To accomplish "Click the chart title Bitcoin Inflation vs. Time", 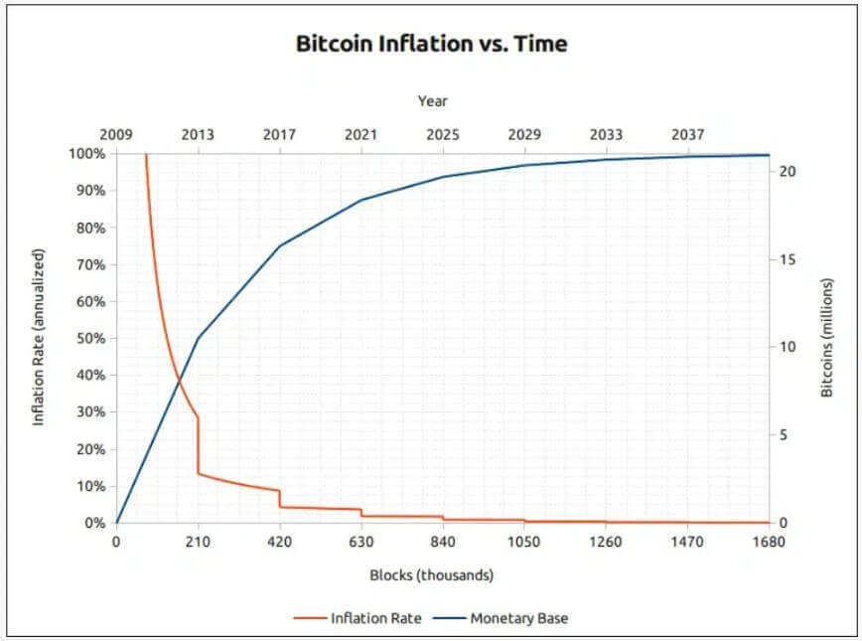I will pyautogui.click(x=431, y=44).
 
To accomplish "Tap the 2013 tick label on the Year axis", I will pyautogui.click(x=198, y=134).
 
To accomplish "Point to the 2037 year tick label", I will pyautogui.click(x=688, y=134).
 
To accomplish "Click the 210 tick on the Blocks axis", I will pyautogui.click(x=198, y=543).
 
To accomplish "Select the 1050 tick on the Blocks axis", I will pyautogui.click(x=524, y=543).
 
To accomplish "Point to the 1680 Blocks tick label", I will pyautogui.click(x=769, y=543).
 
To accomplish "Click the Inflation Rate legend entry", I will pyautogui.click(x=358, y=618).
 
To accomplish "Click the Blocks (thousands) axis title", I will pyautogui.click(x=431, y=574).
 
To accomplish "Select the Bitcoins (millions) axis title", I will pyautogui.click(x=827, y=338).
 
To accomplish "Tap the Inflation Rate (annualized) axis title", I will pyautogui.click(x=40, y=338).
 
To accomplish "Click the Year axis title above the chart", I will pyautogui.click(x=432, y=100).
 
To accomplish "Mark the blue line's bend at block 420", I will pyautogui.click(x=280, y=244).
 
